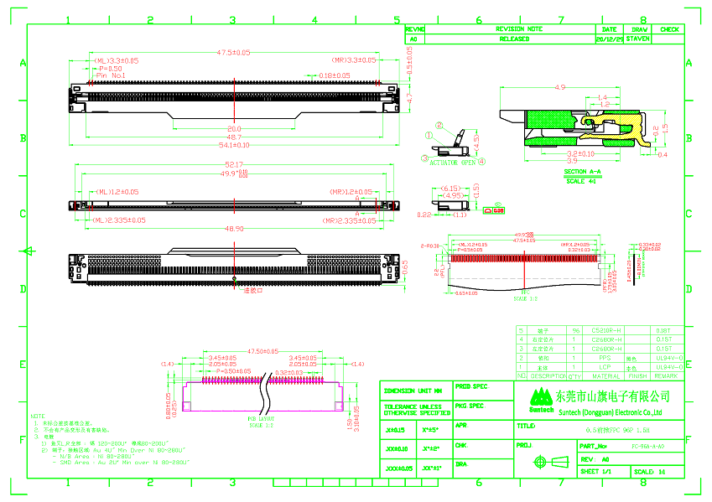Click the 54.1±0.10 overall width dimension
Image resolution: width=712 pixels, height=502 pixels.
click(234, 145)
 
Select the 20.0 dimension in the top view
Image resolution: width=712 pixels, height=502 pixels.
click(234, 129)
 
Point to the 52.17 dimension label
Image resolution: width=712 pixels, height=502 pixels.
click(234, 164)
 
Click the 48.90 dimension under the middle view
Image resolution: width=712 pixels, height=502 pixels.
click(234, 228)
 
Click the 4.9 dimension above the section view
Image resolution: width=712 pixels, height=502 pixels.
click(560, 87)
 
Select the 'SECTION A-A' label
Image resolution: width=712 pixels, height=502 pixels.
click(576, 172)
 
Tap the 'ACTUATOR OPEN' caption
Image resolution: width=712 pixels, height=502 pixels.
click(453, 163)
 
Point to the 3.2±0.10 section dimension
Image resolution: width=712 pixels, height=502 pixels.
click(579, 154)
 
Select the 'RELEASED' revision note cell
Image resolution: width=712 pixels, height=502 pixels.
click(514, 39)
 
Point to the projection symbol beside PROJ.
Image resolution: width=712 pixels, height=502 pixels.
click(542, 462)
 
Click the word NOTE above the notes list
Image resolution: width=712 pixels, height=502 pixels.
click(39, 416)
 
